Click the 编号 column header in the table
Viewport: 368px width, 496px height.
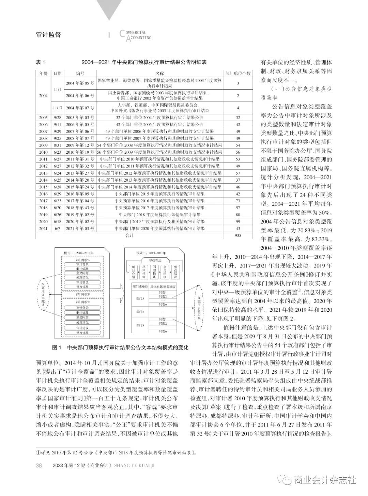(80, 73)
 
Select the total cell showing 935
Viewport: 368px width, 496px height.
(238, 235)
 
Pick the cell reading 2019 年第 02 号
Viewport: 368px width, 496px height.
(80, 215)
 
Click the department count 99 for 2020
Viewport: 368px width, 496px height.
(238, 221)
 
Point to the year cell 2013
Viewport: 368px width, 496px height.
(43, 173)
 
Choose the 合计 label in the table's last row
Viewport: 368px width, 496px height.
(129, 235)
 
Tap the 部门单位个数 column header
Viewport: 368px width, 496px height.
(238, 73)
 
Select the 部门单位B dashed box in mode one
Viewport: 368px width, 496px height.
(82, 294)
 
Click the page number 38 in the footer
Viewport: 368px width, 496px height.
(39, 466)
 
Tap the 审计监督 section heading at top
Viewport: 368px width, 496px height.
(48, 35)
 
